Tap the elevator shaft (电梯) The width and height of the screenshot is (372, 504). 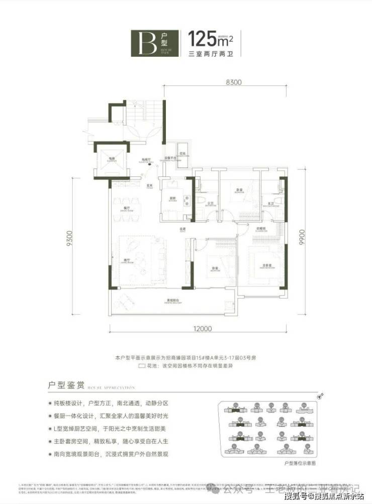pos(109,159)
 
